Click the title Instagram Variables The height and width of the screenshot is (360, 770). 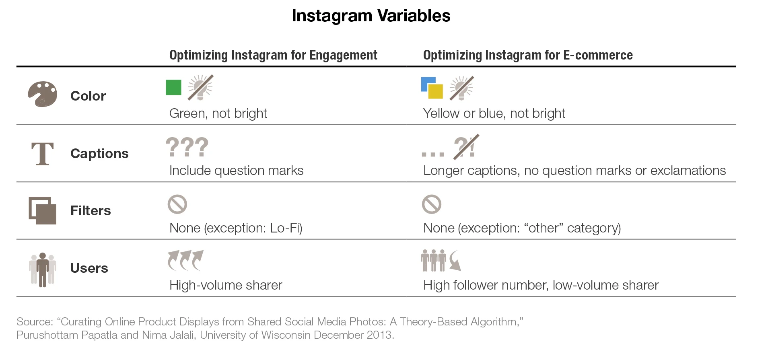[371, 16]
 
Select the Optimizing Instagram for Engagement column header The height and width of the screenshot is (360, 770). [273, 55]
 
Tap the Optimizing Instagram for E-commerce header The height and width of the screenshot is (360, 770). [527, 55]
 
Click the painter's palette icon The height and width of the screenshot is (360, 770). [42, 95]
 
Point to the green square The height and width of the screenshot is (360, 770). [173, 87]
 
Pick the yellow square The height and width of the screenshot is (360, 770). [435, 91]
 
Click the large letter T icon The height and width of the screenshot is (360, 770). [42, 154]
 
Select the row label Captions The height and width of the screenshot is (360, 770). [99, 154]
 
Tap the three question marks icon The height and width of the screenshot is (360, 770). [187, 147]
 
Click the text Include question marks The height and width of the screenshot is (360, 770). [236, 171]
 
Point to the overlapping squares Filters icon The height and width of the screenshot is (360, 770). [42, 210]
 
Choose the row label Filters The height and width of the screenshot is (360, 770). [91, 211]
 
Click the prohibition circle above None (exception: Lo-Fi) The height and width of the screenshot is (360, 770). [177, 204]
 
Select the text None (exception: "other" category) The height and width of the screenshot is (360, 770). [522, 228]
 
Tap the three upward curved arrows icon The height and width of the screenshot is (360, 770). [185, 260]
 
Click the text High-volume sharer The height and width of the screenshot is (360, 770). [226, 285]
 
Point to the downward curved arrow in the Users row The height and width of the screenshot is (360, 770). [455, 261]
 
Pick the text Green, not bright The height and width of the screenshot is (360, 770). [218, 113]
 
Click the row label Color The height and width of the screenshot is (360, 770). [88, 96]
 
